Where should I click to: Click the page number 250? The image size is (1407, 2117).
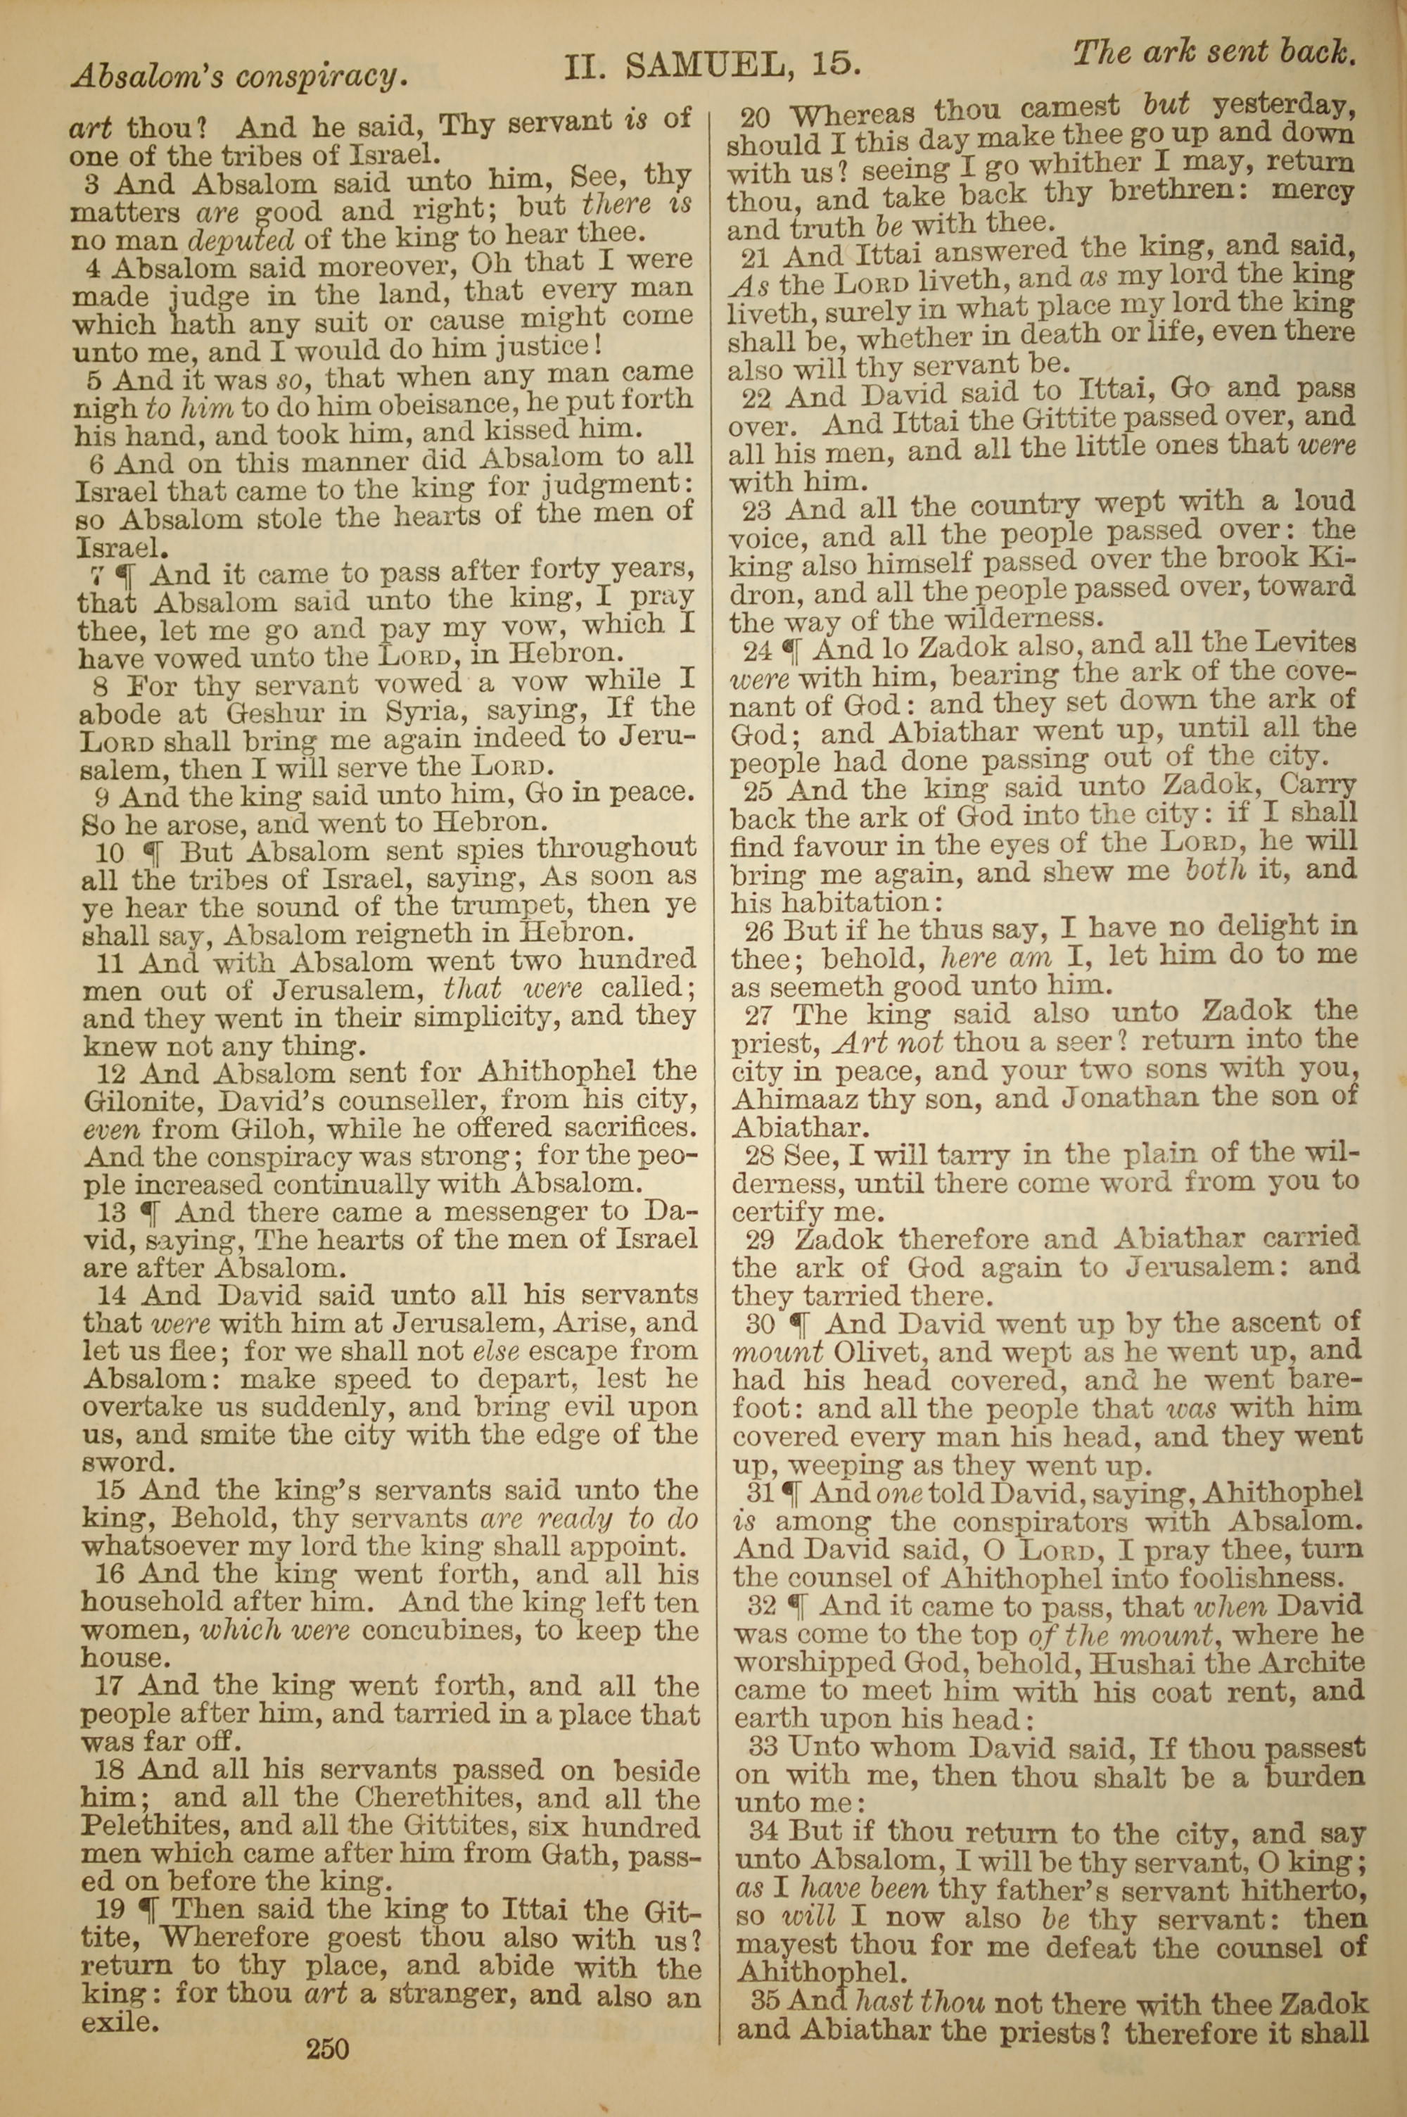326,2049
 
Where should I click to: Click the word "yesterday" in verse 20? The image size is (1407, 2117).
1281,106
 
